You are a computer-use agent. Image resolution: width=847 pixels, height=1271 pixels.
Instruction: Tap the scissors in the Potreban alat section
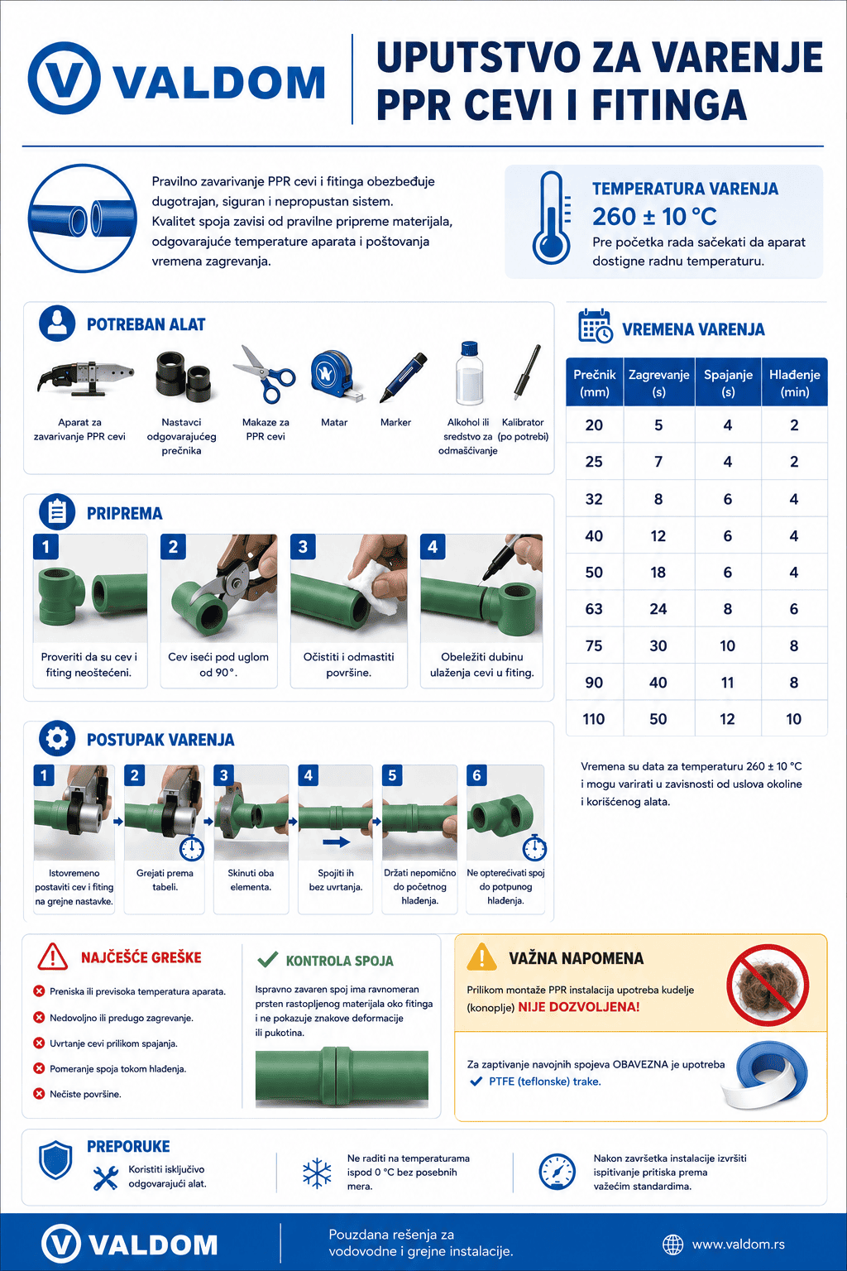(x=265, y=374)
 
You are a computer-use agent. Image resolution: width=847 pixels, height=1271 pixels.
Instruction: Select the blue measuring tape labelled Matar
(x=336, y=376)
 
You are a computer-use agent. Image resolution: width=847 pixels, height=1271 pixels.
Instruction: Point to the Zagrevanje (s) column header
(x=658, y=382)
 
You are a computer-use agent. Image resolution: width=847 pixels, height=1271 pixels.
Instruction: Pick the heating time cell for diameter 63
(x=658, y=609)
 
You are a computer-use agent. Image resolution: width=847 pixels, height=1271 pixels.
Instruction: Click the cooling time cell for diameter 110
(x=794, y=719)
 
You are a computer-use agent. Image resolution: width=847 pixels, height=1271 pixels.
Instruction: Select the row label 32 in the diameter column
(x=594, y=499)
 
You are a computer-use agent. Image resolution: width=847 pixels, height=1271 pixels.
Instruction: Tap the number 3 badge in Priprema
(x=303, y=546)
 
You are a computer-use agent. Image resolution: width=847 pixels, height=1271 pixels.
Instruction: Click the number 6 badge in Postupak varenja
(x=476, y=775)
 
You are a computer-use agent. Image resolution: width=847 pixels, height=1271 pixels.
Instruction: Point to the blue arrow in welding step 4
(x=336, y=842)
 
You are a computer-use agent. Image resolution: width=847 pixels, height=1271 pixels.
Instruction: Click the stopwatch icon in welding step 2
(x=192, y=847)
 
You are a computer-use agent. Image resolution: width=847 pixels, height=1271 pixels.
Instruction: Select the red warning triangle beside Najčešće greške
(x=53, y=957)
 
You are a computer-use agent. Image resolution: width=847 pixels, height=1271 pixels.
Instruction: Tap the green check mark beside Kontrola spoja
(x=268, y=959)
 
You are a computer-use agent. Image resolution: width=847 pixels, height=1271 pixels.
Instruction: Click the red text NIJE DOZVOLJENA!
(x=579, y=1007)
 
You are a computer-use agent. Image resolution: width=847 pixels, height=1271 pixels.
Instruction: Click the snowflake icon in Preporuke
(x=317, y=1173)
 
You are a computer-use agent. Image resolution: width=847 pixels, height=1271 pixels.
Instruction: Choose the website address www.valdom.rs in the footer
(x=738, y=1245)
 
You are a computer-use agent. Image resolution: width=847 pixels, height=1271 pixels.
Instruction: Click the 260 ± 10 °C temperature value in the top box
(x=654, y=216)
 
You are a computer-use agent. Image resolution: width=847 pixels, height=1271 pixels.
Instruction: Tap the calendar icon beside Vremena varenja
(x=595, y=326)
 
